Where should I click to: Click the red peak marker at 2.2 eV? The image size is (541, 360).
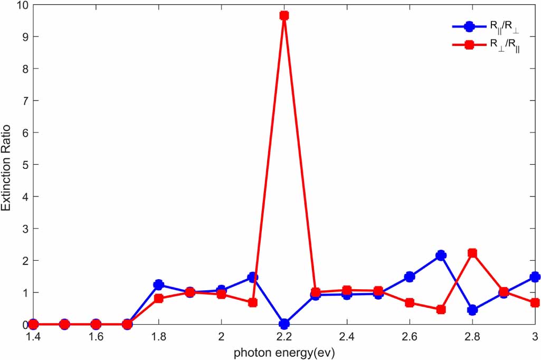284,15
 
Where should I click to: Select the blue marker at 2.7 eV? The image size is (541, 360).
441,255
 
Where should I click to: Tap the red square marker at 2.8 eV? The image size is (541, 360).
472,253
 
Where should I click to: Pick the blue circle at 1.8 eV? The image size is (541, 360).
158,285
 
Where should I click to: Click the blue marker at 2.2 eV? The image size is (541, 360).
284,324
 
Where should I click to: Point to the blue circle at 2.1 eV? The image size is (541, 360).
252,277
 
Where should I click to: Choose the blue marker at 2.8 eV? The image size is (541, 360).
472,310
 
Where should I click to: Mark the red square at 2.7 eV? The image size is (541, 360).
441,309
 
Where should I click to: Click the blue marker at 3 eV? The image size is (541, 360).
535,277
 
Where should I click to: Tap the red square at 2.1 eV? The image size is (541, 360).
252,302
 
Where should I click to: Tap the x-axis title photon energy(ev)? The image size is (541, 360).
284,351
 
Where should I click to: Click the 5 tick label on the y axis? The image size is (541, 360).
23,165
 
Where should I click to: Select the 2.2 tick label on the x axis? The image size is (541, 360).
284,336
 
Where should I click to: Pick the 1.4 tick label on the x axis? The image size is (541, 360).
33,336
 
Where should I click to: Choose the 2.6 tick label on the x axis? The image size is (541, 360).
409,336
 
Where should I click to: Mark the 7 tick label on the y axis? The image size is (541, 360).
23,101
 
